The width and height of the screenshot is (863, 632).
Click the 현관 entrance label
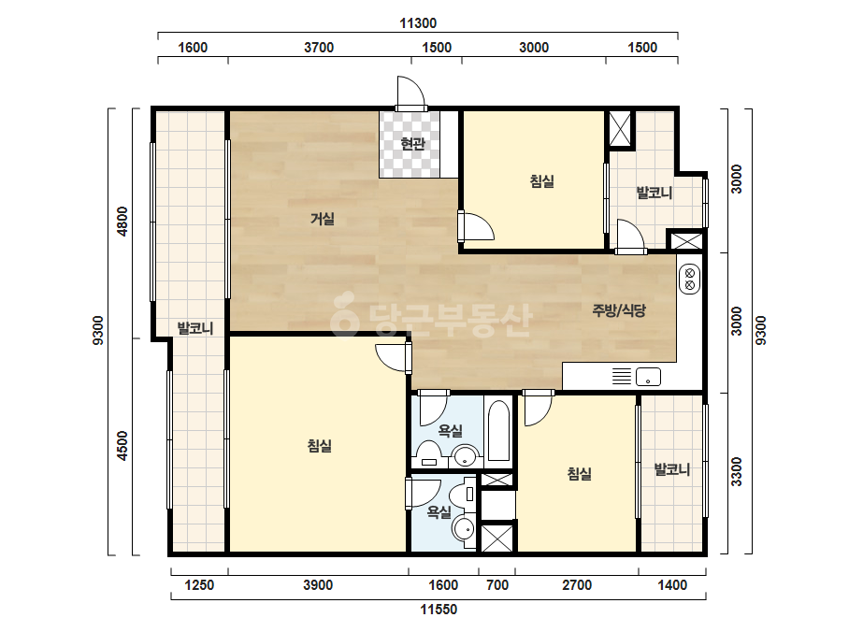(x=412, y=144)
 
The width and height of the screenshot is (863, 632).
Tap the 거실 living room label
(x=323, y=219)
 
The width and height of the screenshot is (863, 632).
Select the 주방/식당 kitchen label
(x=619, y=310)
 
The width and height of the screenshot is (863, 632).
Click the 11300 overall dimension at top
(x=418, y=23)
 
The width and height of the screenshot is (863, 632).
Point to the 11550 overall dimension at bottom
(x=439, y=610)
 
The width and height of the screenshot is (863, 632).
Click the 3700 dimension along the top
(x=319, y=48)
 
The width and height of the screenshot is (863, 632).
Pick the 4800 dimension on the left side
(x=122, y=222)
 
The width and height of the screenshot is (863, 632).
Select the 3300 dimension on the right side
(x=737, y=472)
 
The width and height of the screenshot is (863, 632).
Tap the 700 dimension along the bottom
(x=497, y=584)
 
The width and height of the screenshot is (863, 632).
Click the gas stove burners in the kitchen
(x=690, y=280)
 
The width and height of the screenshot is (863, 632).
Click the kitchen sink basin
(x=648, y=377)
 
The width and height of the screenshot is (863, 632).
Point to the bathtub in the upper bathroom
(x=498, y=431)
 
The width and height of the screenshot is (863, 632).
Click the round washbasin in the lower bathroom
(x=464, y=529)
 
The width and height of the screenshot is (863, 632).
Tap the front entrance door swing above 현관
(x=411, y=92)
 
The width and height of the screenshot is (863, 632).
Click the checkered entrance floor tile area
(x=410, y=144)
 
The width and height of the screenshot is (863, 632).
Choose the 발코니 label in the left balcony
(x=194, y=328)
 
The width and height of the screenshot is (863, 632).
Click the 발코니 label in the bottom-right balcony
(x=671, y=469)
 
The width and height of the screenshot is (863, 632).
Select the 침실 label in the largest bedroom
(x=320, y=445)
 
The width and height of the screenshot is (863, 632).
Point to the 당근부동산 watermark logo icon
(x=343, y=315)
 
